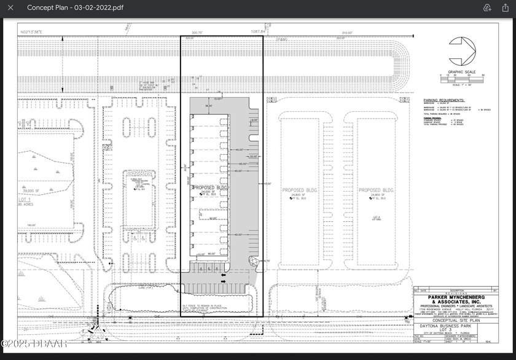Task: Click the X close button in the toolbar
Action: pyautogui.click(x=10, y=8)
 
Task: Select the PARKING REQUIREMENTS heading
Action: pyautogui.click(x=444, y=100)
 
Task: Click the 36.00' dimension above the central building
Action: pyautogui.click(x=208, y=106)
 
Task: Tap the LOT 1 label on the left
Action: pyautogui.click(x=25, y=200)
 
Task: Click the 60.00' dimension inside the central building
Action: pyautogui.click(x=213, y=218)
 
